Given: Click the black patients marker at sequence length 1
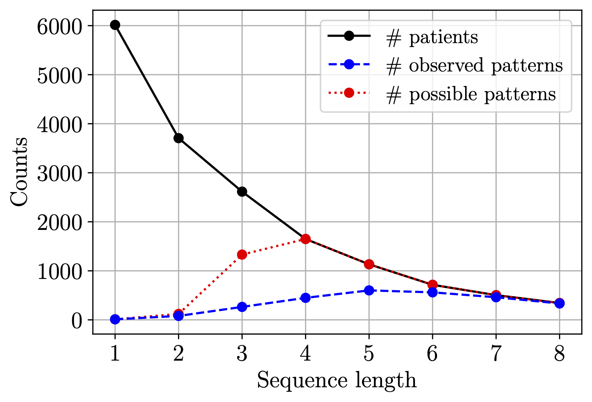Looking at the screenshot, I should click(115, 25).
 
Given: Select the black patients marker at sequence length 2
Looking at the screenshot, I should click(178, 138).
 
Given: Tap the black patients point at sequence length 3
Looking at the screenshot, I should click(242, 192).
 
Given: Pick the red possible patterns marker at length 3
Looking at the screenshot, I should click(242, 254).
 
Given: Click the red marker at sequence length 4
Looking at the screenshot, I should click(305, 239).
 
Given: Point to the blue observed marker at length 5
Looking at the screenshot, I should click(369, 290).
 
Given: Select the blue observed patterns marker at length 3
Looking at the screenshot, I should click(242, 307).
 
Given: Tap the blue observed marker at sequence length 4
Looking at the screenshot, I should click(305, 298).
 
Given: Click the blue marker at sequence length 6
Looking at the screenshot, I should click(432, 292).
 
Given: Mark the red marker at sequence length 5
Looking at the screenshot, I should click(369, 264).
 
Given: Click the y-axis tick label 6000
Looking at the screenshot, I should click(59, 26).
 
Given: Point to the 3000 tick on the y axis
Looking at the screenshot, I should click(59, 173).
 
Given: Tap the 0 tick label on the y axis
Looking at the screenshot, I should click(77, 320).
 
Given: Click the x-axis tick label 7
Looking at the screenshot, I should click(496, 354).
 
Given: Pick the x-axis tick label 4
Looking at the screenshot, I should click(305, 354).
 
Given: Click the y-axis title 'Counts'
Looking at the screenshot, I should click(19, 172).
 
